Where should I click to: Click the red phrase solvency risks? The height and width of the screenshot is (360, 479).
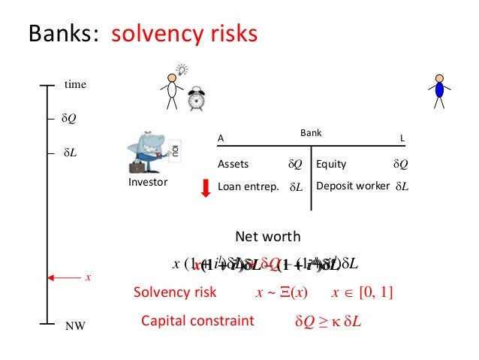[x=185, y=34]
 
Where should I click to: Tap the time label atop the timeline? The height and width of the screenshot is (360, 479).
[x=75, y=85]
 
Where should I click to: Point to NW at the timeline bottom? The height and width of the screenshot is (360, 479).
[x=75, y=327]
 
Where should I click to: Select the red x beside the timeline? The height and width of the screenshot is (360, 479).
[x=87, y=277]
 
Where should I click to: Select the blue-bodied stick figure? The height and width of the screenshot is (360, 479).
[x=439, y=89]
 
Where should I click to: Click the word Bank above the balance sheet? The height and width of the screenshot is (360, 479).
[x=311, y=133]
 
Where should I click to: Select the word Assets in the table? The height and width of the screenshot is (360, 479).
[x=233, y=163]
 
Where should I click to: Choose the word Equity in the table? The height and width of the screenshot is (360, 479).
[x=332, y=163]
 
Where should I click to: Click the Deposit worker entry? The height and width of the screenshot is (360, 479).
[x=353, y=185]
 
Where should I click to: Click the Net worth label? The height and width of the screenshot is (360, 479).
[x=268, y=236]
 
